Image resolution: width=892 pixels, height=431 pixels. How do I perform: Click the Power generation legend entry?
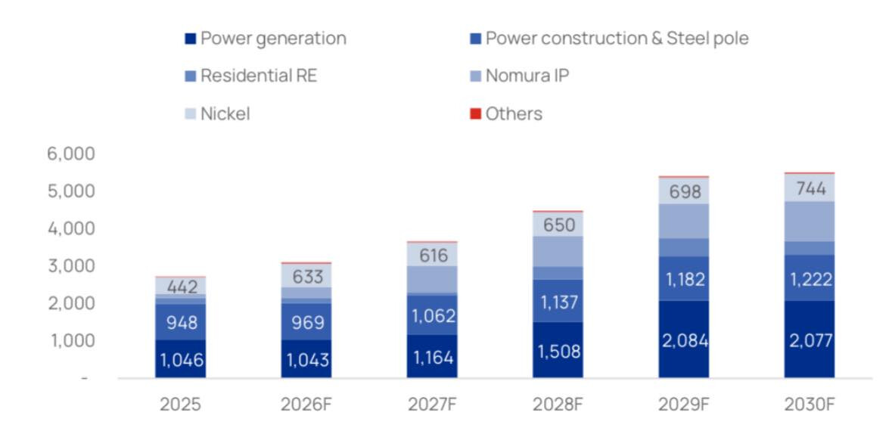[x=273, y=39]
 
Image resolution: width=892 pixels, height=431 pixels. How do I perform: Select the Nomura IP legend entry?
[x=527, y=76]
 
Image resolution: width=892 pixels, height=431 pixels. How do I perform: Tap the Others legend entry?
[x=514, y=114]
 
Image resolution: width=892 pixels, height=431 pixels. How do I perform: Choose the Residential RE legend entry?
[x=259, y=76]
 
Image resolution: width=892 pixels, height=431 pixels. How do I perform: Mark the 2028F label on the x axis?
[x=558, y=404]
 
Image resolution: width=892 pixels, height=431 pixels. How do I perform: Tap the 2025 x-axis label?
[x=181, y=404]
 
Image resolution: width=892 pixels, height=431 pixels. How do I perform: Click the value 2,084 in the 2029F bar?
[x=683, y=341]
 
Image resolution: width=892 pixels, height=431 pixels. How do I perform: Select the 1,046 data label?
[x=181, y=360]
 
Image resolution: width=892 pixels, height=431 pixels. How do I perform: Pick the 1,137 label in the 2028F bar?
[x=558, y=302]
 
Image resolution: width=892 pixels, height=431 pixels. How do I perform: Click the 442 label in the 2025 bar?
[x=181, y=287]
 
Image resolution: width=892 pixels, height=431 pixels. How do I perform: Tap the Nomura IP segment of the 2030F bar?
[x=809, y=221]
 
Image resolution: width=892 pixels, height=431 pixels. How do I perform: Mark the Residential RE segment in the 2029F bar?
[x=683, y=247]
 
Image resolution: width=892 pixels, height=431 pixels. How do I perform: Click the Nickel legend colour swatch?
[x=190, y=115]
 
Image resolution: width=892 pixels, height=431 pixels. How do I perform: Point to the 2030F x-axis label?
[x=809, y=404]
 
